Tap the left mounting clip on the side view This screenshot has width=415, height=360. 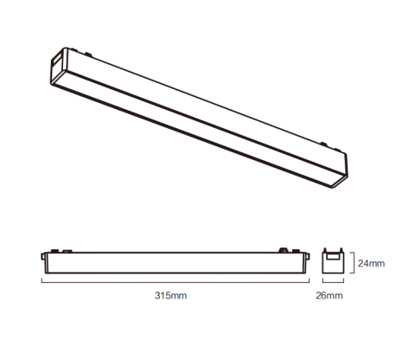point(54,252)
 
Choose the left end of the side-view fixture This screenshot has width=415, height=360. point(43,260)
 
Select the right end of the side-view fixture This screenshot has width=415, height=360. point(303,260)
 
